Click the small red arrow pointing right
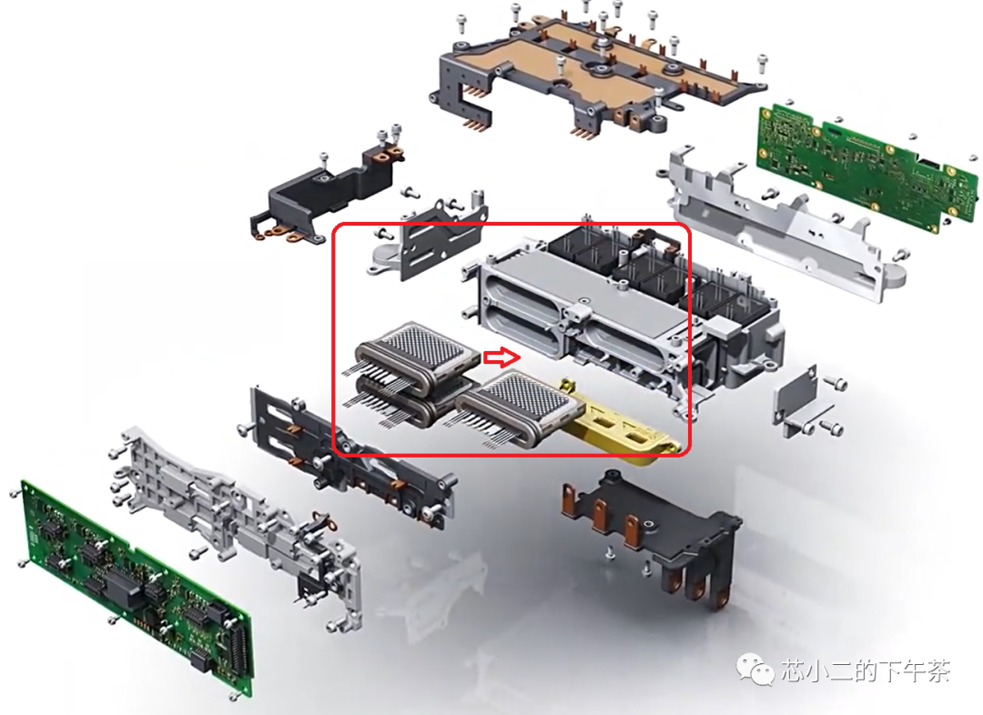pos(502,357)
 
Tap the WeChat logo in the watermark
pos(756,670)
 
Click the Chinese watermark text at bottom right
pos(866,670)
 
